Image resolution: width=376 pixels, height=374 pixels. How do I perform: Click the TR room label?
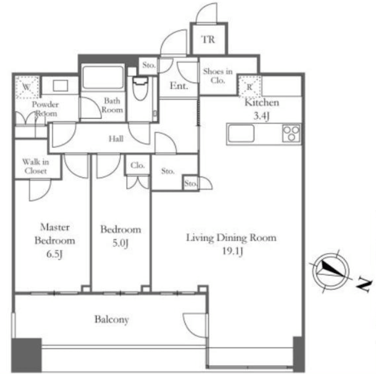click(x=208, y=39)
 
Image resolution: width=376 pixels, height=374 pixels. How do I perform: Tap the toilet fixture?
click(x=140, y=88)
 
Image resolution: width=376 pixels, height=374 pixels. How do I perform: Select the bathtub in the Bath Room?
click(x=103, y=77)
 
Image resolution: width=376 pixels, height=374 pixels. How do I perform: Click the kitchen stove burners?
click(x=291, y=133)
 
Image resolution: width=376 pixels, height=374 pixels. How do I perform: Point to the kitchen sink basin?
click(x=241, y=133)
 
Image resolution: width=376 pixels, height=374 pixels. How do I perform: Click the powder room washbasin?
click(x=60, y=86)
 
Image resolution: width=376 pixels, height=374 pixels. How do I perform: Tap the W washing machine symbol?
click(x=27, y=87)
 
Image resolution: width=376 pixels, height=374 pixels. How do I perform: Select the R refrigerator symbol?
click(x=249, y=87)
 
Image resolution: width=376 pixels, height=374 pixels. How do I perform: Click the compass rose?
click(x=331, y=271)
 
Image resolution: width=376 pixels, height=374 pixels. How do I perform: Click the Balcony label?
click(x=112, y=319)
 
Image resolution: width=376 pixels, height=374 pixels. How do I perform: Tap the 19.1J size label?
click(x=232, y=251)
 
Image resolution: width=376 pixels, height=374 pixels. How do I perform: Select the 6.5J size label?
click(x=54, y=254)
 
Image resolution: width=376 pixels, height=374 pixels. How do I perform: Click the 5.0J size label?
click(x=120, y=243)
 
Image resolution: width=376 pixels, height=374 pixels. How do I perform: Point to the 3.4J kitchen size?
click(x=262, y=116)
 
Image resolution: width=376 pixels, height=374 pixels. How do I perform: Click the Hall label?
click(x=116, y=139)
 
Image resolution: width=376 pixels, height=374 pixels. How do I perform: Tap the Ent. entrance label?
click(x=179, y=86)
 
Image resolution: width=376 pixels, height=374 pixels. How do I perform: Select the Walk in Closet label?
click(x=36, y=166)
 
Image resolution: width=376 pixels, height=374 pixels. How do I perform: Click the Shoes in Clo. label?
click(x=218, y=76)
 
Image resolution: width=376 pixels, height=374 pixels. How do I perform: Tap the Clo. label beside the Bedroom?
click(x=138, y=165)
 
